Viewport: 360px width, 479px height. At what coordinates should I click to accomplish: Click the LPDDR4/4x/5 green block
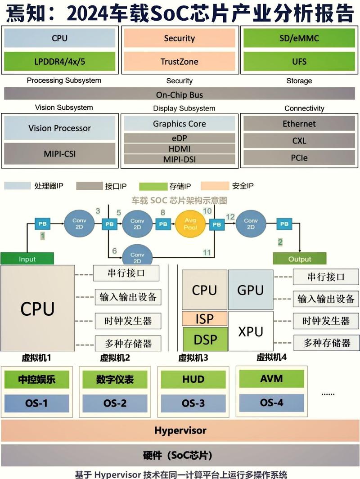click(x=60, y=61)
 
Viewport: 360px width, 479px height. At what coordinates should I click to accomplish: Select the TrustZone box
click(x=179, y=61)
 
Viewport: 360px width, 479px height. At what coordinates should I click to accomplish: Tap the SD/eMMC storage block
click(x=299, y=38)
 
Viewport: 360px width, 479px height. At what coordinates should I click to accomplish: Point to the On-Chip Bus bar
click(x=180, y=94)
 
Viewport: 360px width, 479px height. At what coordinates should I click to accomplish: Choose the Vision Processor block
click(x=60, y=128)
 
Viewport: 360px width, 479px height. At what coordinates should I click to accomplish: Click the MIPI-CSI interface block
click(x=60, y=154)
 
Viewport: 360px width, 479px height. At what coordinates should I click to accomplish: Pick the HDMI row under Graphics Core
click(x=179, y=149)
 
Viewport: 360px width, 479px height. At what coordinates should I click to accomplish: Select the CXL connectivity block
click(x=299, y=141)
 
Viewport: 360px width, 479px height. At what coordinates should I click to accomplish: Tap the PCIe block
click(x=299, y=158)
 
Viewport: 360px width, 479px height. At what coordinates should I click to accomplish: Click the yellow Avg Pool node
click(x=192, y=224)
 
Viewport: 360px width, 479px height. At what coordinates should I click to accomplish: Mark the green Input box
click(x=27, y=259)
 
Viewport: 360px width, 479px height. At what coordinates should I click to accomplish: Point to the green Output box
click(x=299, y=259)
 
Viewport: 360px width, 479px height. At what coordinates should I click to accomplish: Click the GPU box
click(x=250, y=290)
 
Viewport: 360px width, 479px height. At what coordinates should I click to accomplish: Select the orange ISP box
click(x=205, y=319)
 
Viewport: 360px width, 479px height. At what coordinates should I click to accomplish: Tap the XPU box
click(x=250, y=331)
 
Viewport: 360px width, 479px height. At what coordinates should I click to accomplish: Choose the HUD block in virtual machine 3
click(x=193, y=380)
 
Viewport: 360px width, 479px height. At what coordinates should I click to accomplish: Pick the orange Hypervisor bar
click(x=180, y=430)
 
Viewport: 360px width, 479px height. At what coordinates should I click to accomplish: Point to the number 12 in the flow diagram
click(x=230, y=217)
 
